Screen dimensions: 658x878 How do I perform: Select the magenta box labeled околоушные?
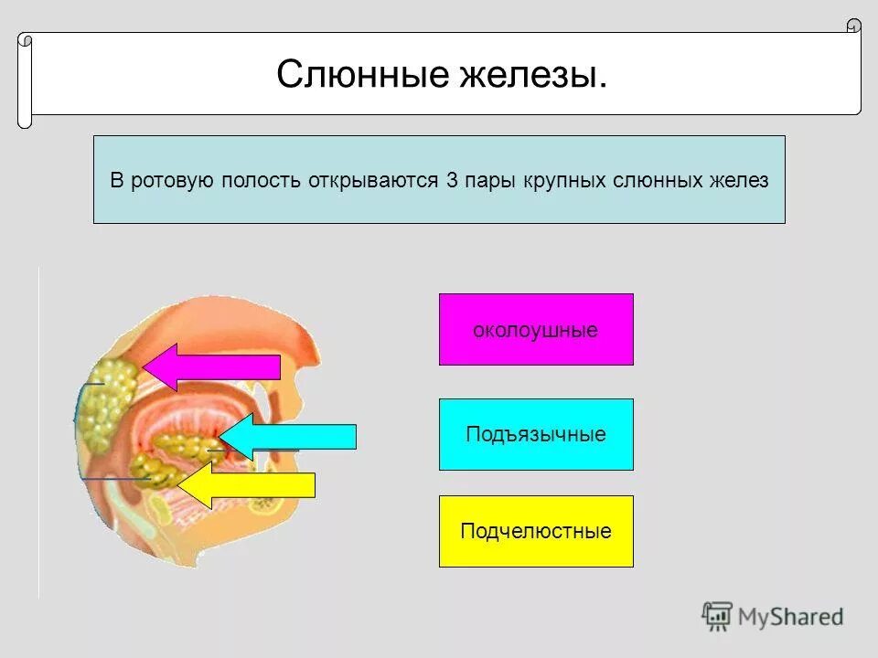point(536,330)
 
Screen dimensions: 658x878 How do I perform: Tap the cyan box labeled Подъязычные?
point(536,434)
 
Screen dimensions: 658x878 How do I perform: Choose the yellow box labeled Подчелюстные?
point(536,531)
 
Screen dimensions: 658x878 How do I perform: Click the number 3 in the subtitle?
point(452,180)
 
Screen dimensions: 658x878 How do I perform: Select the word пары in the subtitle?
point(489,180)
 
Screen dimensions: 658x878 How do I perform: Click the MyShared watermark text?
point(791,617)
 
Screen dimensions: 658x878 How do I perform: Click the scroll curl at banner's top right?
point(853,26)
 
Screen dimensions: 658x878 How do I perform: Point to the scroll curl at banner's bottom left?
point(25,120)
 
